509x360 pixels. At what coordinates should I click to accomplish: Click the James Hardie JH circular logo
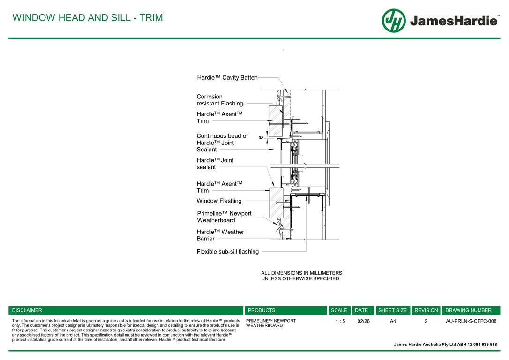coord(394,21)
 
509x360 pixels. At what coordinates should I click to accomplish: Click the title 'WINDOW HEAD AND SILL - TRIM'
coord(88,17)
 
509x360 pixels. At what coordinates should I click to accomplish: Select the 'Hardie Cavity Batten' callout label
coord(227,78)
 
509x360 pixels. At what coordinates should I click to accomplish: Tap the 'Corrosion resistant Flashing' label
coord(220,100)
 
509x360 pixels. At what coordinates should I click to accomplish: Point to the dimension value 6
coord(261,137)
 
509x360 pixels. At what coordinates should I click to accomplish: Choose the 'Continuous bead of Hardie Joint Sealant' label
coord(222,142)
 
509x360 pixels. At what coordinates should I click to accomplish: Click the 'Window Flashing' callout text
coord(219,201)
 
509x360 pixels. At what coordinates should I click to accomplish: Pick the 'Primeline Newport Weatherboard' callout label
coord(225,217)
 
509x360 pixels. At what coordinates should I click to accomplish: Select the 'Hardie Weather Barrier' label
coord(220,235)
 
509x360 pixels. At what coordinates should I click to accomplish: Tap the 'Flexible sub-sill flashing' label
coord(228,252)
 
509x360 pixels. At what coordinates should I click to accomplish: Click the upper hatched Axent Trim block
coord(276,121)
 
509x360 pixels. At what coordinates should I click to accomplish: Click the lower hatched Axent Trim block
coord(277,202)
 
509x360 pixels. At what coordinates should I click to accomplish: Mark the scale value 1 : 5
coord(340,321)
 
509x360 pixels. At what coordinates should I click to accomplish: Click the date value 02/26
coord(364,321)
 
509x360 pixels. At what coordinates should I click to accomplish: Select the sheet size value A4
coord(393,321)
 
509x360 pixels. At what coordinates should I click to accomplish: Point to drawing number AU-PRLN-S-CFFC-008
coord(471,321)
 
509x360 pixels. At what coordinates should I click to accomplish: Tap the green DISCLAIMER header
coord(126,310)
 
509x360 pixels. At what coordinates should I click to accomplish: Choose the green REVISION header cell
coord(426,310)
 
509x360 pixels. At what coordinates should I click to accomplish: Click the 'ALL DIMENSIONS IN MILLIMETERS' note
coord(301,273)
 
